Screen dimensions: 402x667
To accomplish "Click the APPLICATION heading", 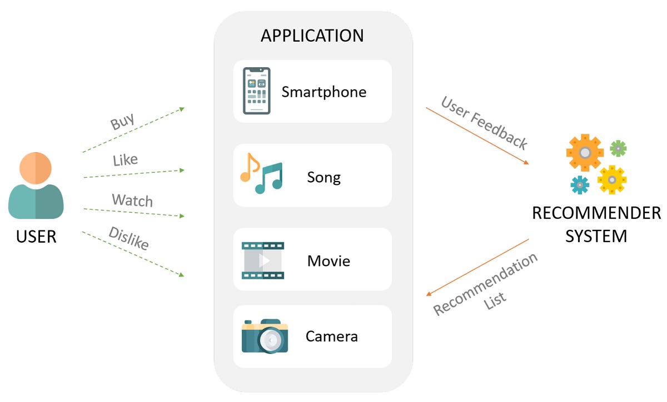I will click(312, 36).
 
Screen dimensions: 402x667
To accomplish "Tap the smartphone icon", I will click(256, 91).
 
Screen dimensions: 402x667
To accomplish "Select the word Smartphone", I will click(324, 92).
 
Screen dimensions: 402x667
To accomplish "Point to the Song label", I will click(323, 178).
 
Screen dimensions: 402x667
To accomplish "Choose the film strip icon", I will click(263, 260).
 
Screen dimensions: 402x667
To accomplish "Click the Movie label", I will click(328, 260).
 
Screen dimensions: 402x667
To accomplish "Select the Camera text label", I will click(331, 336).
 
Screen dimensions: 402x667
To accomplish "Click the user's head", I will click(36, 169).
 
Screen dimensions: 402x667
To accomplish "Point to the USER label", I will click(36, 237).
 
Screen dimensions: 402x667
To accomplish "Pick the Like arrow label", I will click(125, 160).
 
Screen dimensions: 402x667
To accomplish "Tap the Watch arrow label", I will click(132, 200).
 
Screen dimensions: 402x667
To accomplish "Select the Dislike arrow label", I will click(128, 238).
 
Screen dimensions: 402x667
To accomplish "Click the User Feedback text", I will click(484, 123).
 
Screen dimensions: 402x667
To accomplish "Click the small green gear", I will click(618, 148).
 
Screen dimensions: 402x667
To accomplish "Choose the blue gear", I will click(580, 184).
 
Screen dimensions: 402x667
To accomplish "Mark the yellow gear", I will click(612, 179).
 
